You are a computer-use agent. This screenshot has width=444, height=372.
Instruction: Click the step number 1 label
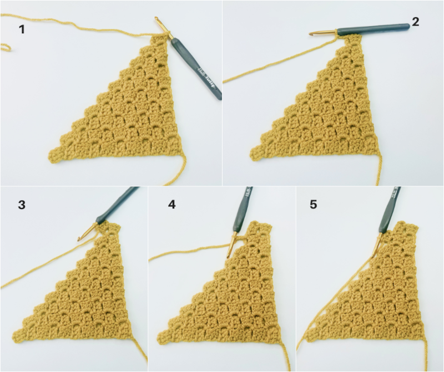point(22,29)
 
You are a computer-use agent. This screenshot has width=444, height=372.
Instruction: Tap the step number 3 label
point(22,205)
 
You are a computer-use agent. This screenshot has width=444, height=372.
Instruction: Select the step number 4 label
point(171,205)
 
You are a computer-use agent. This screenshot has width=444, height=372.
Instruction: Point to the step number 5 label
point(314,205)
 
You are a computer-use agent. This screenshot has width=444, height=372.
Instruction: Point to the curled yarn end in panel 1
point(6,47)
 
